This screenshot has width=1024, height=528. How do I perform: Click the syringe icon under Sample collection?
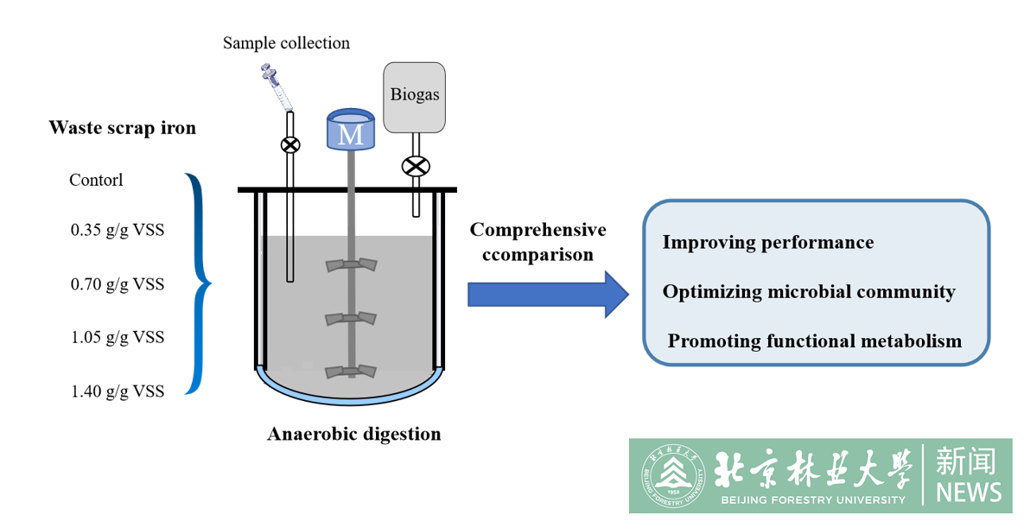pyautogui.click(x=276, y=87)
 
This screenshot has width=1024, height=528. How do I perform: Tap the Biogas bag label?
pyautogui.click(x=415, y=94)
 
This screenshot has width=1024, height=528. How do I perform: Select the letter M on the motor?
pyautogui.click(x=351, y=134)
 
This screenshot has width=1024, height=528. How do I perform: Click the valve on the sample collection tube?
pyautogui.click(x=290, y=144)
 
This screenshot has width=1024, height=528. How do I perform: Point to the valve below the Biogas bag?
pyautogui.click(x=417, y=166)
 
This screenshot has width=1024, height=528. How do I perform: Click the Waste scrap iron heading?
pyautogui.click(x=122, y=128)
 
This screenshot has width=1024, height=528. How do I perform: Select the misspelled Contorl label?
pyautogui.click(x=96, y=181)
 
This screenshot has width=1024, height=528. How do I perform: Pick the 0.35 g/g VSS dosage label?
pyautogui.click(x=117, y=231)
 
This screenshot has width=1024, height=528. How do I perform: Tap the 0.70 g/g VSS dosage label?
pyautogui.click(x=117, y=284)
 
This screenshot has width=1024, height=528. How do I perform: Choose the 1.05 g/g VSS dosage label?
pyautogui.click(x=117, y=337)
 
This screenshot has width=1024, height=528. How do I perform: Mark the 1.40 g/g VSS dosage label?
pyautogui.click(x=117, y=391)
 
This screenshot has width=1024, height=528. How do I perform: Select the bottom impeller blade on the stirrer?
pyautogui.click(x=351, y=372)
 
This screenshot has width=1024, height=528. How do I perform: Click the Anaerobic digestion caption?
pyautogui.click(x=353, y=434)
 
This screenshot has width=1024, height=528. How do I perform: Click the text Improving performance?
pyautogui.click(x=767, y=242)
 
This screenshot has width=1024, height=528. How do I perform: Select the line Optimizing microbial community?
pyautogui.click(x=809, y=291)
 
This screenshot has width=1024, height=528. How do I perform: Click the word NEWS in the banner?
pyautogui.click(x=968, y=493)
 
